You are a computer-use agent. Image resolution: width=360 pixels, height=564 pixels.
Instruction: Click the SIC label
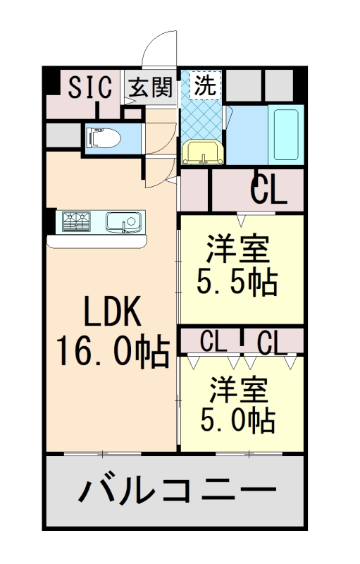[x=89, y=88]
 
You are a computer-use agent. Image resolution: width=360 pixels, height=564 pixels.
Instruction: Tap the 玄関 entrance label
[x=149, y=87]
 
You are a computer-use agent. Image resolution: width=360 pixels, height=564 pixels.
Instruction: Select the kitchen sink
[x=125, y=223]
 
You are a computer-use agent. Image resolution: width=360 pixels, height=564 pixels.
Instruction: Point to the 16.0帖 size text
[x=113, y=350]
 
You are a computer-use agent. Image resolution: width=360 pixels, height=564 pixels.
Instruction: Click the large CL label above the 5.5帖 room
[x=269, y=190]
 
